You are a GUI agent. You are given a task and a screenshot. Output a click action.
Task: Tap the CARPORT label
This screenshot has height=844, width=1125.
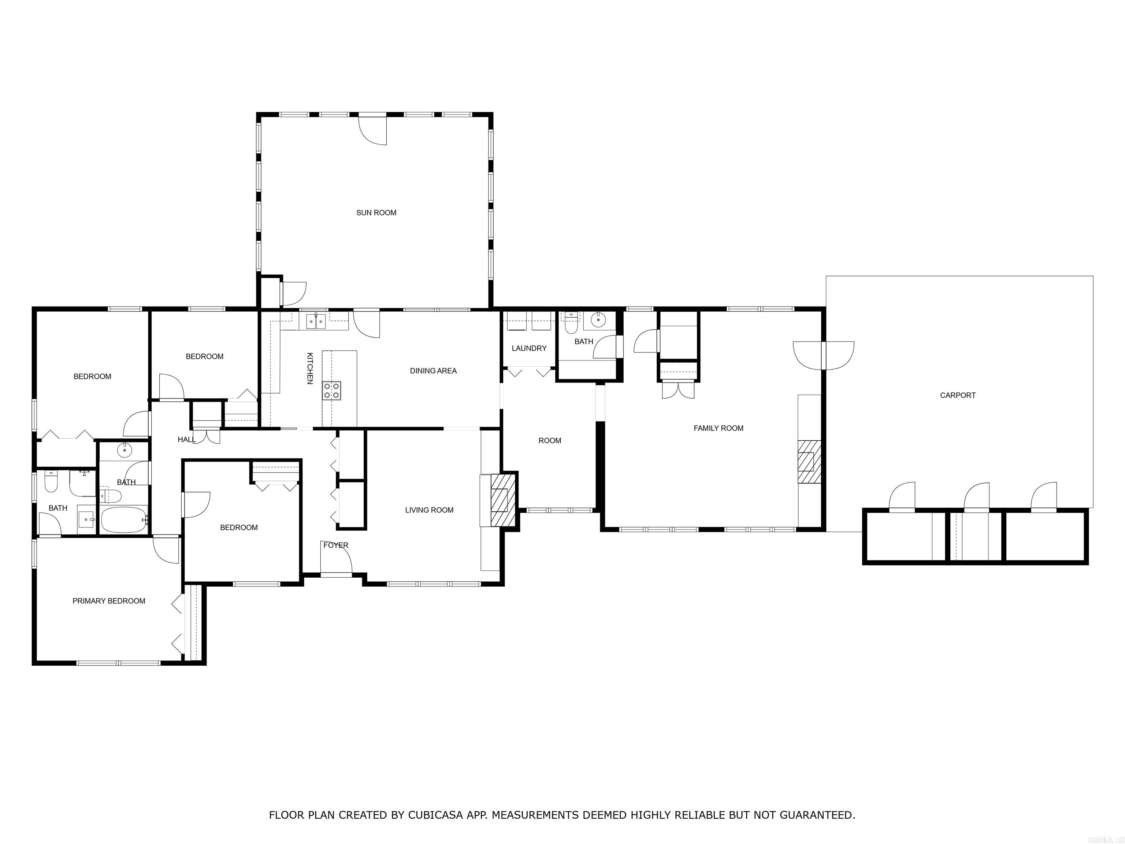pos(958,395)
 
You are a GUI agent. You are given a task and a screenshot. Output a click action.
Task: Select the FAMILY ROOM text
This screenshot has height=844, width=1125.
pos(718,428)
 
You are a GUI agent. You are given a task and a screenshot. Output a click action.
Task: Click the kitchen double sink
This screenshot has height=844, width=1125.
pos(316,322)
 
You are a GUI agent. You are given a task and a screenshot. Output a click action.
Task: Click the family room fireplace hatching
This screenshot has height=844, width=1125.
pos(808,462)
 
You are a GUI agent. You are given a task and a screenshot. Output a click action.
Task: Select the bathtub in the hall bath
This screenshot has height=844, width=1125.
pos(124,519)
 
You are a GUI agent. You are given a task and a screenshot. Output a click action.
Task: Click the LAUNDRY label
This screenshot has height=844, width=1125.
pos(529,348)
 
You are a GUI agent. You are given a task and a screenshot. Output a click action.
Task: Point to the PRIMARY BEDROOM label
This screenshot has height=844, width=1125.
pos(109,601)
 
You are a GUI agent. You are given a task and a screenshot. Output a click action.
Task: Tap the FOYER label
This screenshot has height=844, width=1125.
pos(336,545)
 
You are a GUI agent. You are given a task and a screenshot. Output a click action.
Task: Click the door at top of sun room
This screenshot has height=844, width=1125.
pos(373,129)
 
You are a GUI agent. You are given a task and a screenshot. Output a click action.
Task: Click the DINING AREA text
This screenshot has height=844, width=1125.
pos(433,371)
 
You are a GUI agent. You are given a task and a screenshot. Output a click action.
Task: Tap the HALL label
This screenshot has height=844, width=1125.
pos(186,439)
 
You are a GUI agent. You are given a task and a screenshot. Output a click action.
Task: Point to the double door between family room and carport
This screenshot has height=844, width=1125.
pos(823,355)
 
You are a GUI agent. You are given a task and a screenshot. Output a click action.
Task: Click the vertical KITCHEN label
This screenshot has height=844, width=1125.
pos(310,368)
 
